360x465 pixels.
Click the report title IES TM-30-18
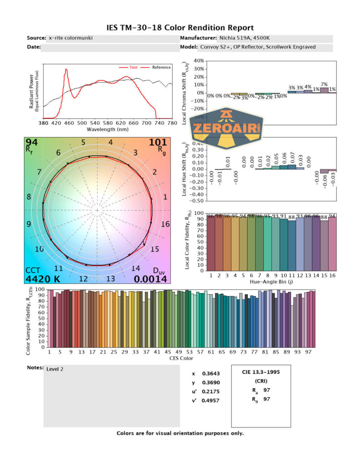[x=180, y=28]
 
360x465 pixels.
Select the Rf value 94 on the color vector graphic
[x=32, y=143]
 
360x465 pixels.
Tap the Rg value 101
[x=158, y=143]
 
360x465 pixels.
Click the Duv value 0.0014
[x=152, y=279]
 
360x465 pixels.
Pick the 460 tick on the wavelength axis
[x=69, y=123]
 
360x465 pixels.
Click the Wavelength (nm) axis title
[x=108, y=129]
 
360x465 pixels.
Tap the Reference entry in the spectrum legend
[x=161, y=67]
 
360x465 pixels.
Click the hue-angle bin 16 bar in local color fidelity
[x=332, y=244]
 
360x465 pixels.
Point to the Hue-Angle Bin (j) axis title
[x=271, y=282]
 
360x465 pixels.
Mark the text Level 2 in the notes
[x=55, y=369]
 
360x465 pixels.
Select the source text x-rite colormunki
[x=71, y=38]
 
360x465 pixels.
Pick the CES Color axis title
[x=180, y=358]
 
